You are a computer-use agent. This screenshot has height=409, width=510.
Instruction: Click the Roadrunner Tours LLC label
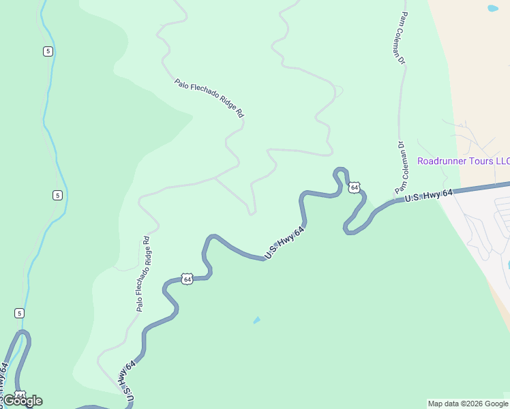[463, 162]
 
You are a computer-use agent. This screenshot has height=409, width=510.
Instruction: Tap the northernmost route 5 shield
[47, 52]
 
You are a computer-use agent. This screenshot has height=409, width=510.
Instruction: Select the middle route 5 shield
[57, 196]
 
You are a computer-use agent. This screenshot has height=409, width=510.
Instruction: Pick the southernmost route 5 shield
[19, 313]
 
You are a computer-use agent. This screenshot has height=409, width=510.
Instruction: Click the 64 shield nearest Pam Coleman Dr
[355, 187]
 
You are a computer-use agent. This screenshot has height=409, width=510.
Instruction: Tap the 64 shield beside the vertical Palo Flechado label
[187, 279]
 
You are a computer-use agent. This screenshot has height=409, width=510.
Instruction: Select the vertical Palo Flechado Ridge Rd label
[142, 274]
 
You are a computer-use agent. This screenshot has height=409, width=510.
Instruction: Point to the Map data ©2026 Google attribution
[468, 404]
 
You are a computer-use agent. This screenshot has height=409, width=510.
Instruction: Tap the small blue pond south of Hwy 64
[256, 320]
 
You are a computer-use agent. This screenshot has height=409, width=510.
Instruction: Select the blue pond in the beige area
[492, 9]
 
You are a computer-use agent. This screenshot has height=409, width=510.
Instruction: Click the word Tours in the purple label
[476, 162]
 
